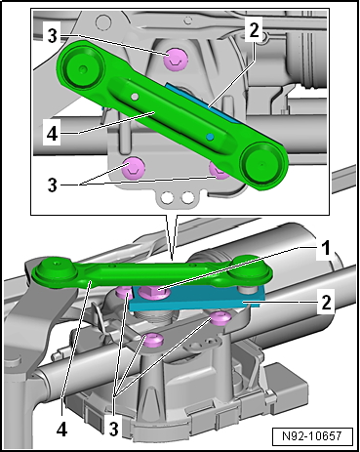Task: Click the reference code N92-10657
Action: pyautogui.click(x=312, y=435)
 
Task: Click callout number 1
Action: pyautogui.click(x=325, y=248)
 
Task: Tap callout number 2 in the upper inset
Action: pyautogui.click(x=254, y=30)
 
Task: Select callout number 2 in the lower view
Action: pyautogui.click(x=326, y=302)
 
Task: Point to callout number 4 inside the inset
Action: pyautogui.click(x=52, y=134)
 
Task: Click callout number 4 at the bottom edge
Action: pyautogui.click(x=61, y=430)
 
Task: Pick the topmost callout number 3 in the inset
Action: pyautogui.click(x=52, y=36)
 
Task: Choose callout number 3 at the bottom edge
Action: pyautogui.click(x=113, y=430)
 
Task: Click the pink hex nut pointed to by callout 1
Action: pyautogui.click(x=152, y=291)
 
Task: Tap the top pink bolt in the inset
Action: pyautogui.click(x=176, y=59)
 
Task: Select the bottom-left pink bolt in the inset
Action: pyautogui.click(x=133, y=167)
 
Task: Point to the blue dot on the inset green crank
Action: pyautogui.click(x=211, y=136)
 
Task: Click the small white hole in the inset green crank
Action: pyautogui.click(x=135, y=97)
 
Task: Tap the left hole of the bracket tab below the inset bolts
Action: pyautogui.click(x=168, y=197)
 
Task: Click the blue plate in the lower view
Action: pyautogui.click(x=195, y=298)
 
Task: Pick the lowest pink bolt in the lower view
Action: pyautogui.click(x=153, y=340)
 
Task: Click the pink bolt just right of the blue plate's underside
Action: pyautogui.click(x=220, y=317)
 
